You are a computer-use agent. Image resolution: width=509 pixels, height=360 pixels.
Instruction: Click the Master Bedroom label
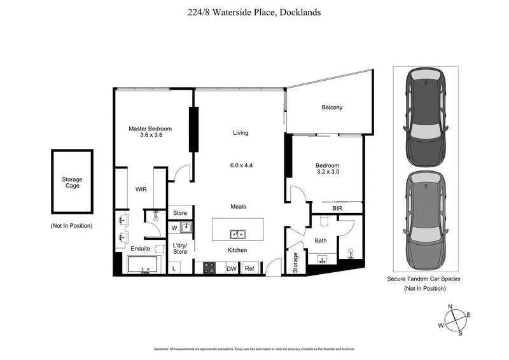tap(150, 128)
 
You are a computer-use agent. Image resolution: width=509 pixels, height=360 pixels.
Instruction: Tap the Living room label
tap(240, 133)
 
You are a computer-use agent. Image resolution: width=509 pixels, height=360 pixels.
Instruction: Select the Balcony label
tap(331, 107)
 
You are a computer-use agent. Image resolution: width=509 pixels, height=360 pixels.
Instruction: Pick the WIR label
tap(141, 189)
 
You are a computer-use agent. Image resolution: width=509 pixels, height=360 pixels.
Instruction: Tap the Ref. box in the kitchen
tap(249, 268)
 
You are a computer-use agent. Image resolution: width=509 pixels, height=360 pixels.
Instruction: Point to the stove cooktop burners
tap(210, 268)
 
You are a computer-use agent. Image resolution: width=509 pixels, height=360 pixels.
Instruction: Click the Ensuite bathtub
tap(143, 265)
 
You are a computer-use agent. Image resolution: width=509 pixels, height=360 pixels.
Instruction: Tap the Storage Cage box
tap(72, 183)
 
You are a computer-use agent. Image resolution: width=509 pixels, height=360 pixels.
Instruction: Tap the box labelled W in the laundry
tap(174, 228)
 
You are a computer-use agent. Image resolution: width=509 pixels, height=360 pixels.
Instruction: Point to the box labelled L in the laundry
tap(174, 268)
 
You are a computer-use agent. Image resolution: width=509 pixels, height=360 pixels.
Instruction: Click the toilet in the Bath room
tap(324, 222)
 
